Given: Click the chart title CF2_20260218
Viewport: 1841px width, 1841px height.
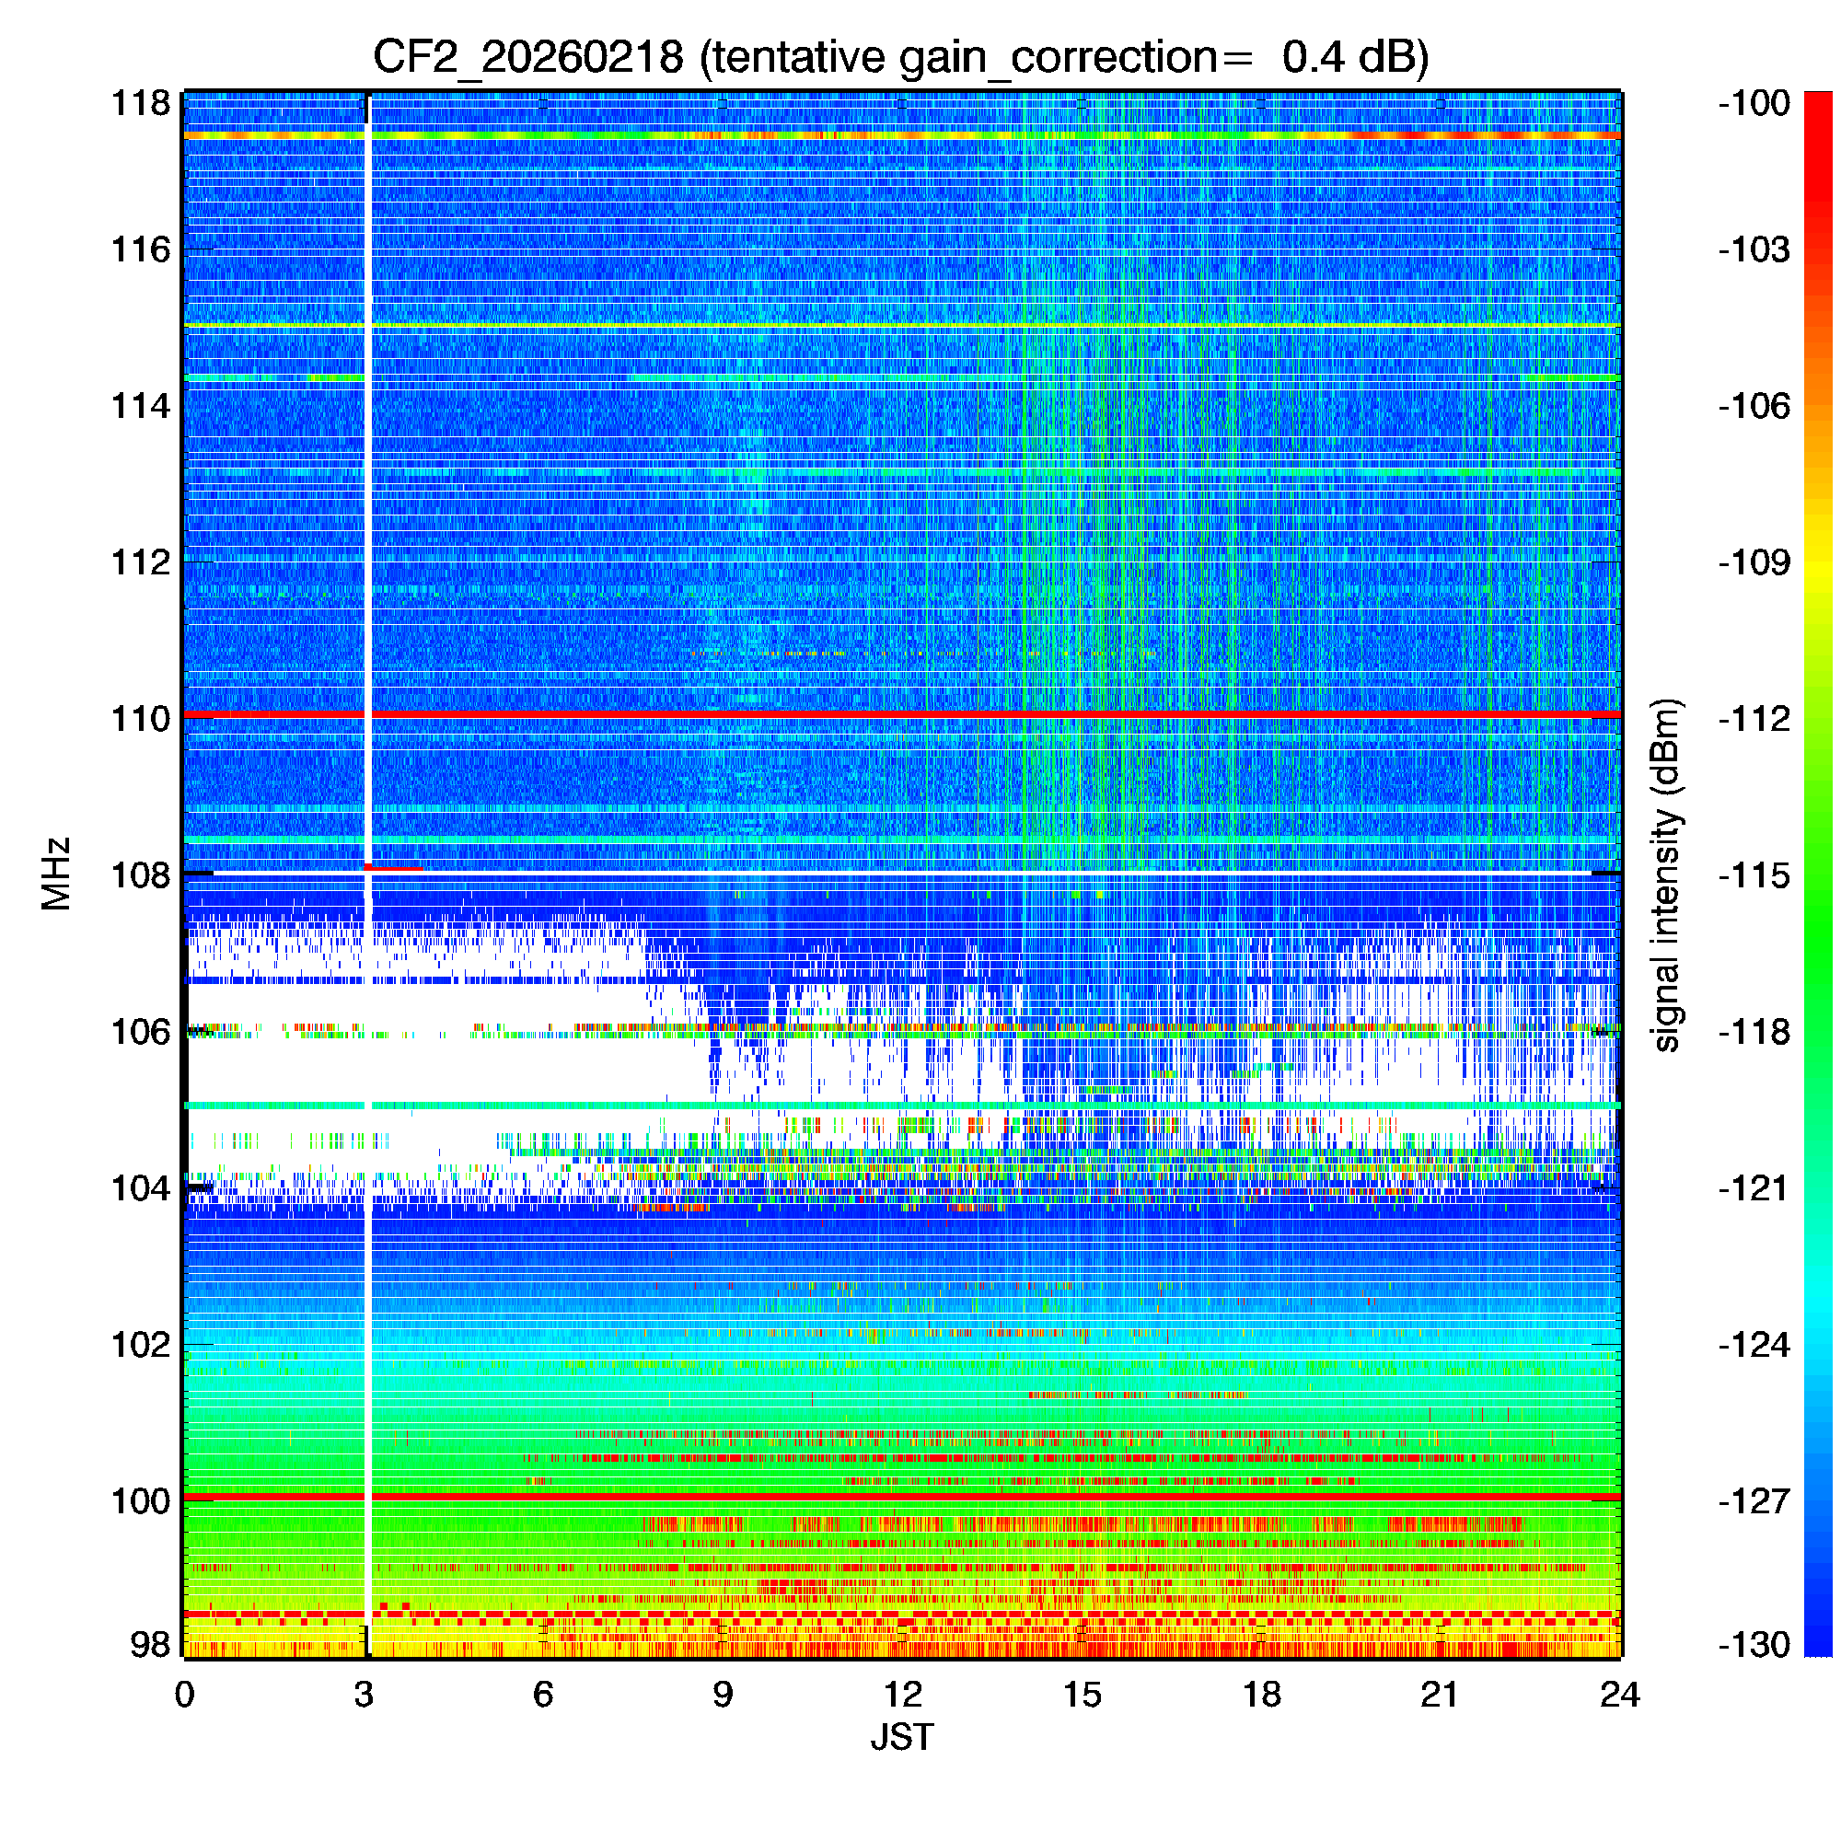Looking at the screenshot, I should point(527,58).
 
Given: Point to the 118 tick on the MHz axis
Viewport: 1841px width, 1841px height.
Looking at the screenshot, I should point(141,103).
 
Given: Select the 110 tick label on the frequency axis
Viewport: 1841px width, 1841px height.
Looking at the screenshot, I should point(141,719).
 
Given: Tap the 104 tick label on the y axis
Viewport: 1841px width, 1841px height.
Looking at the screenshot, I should point(141,1188).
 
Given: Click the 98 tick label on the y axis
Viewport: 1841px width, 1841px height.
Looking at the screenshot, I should point(151,1644).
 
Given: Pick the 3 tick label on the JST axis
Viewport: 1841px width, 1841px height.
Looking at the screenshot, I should point(364,1694).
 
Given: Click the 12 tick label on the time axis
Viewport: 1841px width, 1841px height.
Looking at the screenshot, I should point(902,1694).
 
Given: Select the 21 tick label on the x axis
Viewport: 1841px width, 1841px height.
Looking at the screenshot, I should point(1440,1694).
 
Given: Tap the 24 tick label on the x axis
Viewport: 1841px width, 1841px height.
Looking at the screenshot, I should point(1620,1694).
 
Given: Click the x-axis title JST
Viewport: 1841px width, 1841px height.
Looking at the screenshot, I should point(901,1737).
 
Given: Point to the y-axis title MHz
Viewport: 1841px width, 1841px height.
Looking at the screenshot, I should point(57,874).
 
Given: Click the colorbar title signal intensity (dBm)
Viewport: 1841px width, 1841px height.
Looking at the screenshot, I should point(1667,874).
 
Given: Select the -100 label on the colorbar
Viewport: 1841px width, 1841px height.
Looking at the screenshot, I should point(1754,103).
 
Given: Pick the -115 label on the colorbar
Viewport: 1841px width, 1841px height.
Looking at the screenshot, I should point(1754,874).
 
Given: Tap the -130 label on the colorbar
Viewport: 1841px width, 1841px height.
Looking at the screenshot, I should point(1754,1645).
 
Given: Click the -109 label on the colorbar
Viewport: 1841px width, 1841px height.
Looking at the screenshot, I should point(1754,562).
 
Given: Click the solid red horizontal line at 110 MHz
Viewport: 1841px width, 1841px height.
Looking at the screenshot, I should point(953,713).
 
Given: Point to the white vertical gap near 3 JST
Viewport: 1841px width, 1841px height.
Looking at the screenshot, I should point(367,572).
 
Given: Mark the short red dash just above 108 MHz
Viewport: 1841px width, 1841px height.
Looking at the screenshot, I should point(395,868).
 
